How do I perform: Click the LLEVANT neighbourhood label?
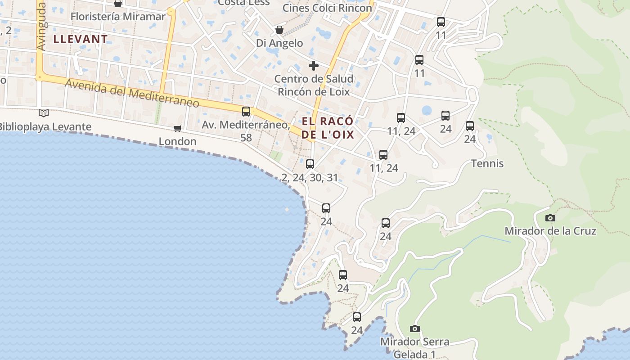(x=81, y=39)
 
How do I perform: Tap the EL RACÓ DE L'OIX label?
(x=328, y=128)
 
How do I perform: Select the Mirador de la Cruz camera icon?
(x=550, y=218)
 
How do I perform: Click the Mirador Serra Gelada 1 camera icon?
(x=415, y=329)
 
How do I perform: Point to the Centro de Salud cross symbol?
(x=314, y=66)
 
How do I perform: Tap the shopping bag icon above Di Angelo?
(x=279, y=30)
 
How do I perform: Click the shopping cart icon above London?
(x=178, y=128)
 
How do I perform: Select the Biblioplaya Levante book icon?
(x=43, y=113)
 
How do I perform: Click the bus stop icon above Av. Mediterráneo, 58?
(x=246, y=111)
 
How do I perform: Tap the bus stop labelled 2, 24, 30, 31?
(x=310, y=164)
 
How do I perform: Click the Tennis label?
(x=487, y=163)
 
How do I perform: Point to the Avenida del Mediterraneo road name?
(x=132, y=93)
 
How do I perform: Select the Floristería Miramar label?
(x=118, y=17)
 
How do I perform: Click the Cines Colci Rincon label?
(x=327, y=8)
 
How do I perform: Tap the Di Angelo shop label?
(x=279, y=43)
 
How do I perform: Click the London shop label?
(x=177, y=141)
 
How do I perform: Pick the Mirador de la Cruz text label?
(x=550, y=231)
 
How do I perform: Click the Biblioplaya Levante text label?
(x=45, y=127)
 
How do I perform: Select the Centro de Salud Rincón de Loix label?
(x=314, y=85)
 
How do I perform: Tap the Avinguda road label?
(x=41, y=27)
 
